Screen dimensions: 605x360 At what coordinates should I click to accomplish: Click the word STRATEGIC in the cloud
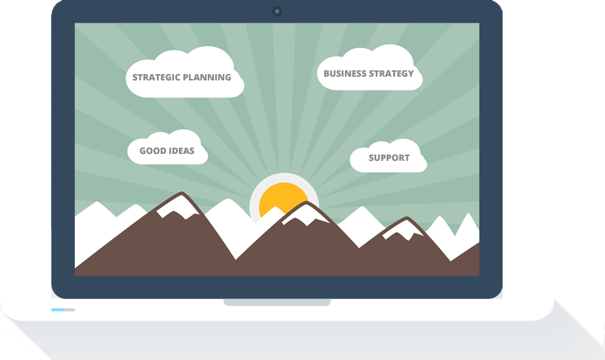(156, 77)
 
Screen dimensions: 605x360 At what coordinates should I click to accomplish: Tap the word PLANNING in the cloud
(207, 77)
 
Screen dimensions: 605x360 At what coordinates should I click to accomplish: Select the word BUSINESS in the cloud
(345, 74)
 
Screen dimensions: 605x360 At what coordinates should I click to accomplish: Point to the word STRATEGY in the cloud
(391, 74)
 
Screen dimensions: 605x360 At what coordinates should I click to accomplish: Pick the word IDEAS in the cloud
(180, 151)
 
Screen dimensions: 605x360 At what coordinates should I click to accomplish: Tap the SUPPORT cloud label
(389, 158)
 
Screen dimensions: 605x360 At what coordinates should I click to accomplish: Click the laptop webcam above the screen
(276, 11)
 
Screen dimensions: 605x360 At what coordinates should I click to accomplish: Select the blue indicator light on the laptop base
(57, 310)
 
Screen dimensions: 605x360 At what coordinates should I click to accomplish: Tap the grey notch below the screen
(277, 302)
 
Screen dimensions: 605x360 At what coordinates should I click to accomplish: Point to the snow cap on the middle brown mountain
(305, 215)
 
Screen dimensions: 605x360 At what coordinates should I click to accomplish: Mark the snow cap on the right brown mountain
(403, 229)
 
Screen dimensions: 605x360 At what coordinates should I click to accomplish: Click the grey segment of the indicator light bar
(69, 310)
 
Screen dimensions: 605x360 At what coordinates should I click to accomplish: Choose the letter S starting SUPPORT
(371, 158)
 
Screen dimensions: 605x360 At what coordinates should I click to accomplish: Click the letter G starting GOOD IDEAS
(143, 151)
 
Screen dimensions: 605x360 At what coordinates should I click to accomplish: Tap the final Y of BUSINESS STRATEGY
(410, 74)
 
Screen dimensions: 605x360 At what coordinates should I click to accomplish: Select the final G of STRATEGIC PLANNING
(228, 77)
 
